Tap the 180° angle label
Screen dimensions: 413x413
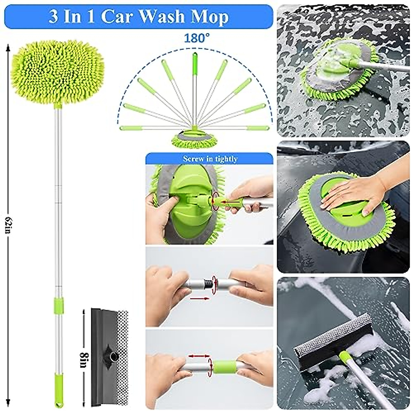point(197,38)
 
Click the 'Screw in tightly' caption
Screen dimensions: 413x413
point(210,159)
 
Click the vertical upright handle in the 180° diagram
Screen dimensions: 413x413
point(194,89)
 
